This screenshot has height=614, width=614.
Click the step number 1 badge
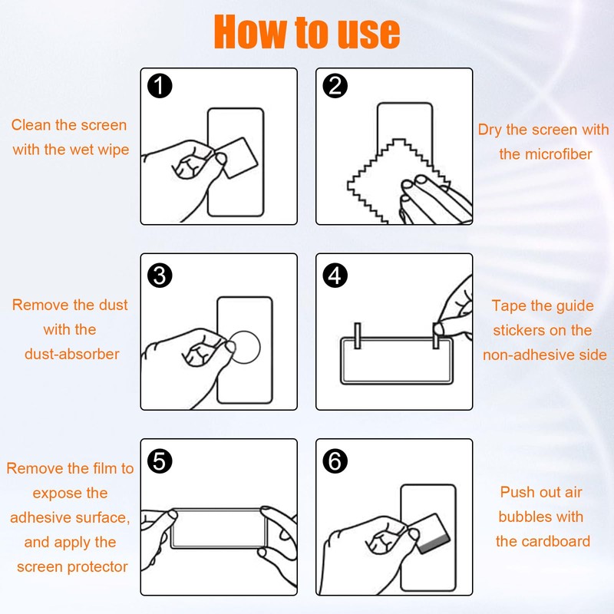pos(160,86)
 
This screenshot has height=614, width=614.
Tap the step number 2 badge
pos(335,86)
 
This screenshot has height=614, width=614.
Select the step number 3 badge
pos(160,276)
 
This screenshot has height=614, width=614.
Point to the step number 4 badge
pos(335,276)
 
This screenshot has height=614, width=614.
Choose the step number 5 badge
pos(160,461)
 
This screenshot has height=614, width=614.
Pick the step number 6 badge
pos(335,461)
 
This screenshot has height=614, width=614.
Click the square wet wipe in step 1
pos(236,157)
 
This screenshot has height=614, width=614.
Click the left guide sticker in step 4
pos(357,335)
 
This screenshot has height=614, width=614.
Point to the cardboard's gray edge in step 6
pos(434,543)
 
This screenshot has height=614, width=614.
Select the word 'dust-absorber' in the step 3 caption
pos(71,354)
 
